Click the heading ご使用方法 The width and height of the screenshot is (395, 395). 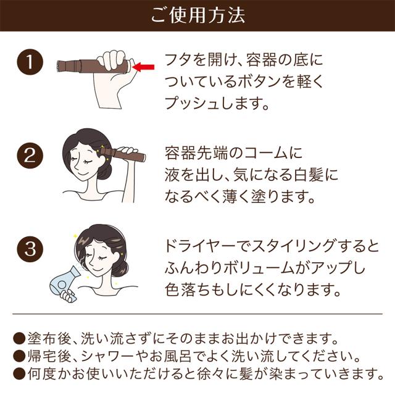(197, 15)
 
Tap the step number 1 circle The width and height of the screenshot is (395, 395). (30, 62)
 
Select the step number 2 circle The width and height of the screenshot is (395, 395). (30, 156)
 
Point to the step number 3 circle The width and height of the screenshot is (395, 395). (30, 249)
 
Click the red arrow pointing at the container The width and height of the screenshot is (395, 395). (143, 67)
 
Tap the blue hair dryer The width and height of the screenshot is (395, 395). (63, 283)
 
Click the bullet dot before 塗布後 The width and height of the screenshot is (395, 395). (19, 339)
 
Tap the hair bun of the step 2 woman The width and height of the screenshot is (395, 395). (104, 171)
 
